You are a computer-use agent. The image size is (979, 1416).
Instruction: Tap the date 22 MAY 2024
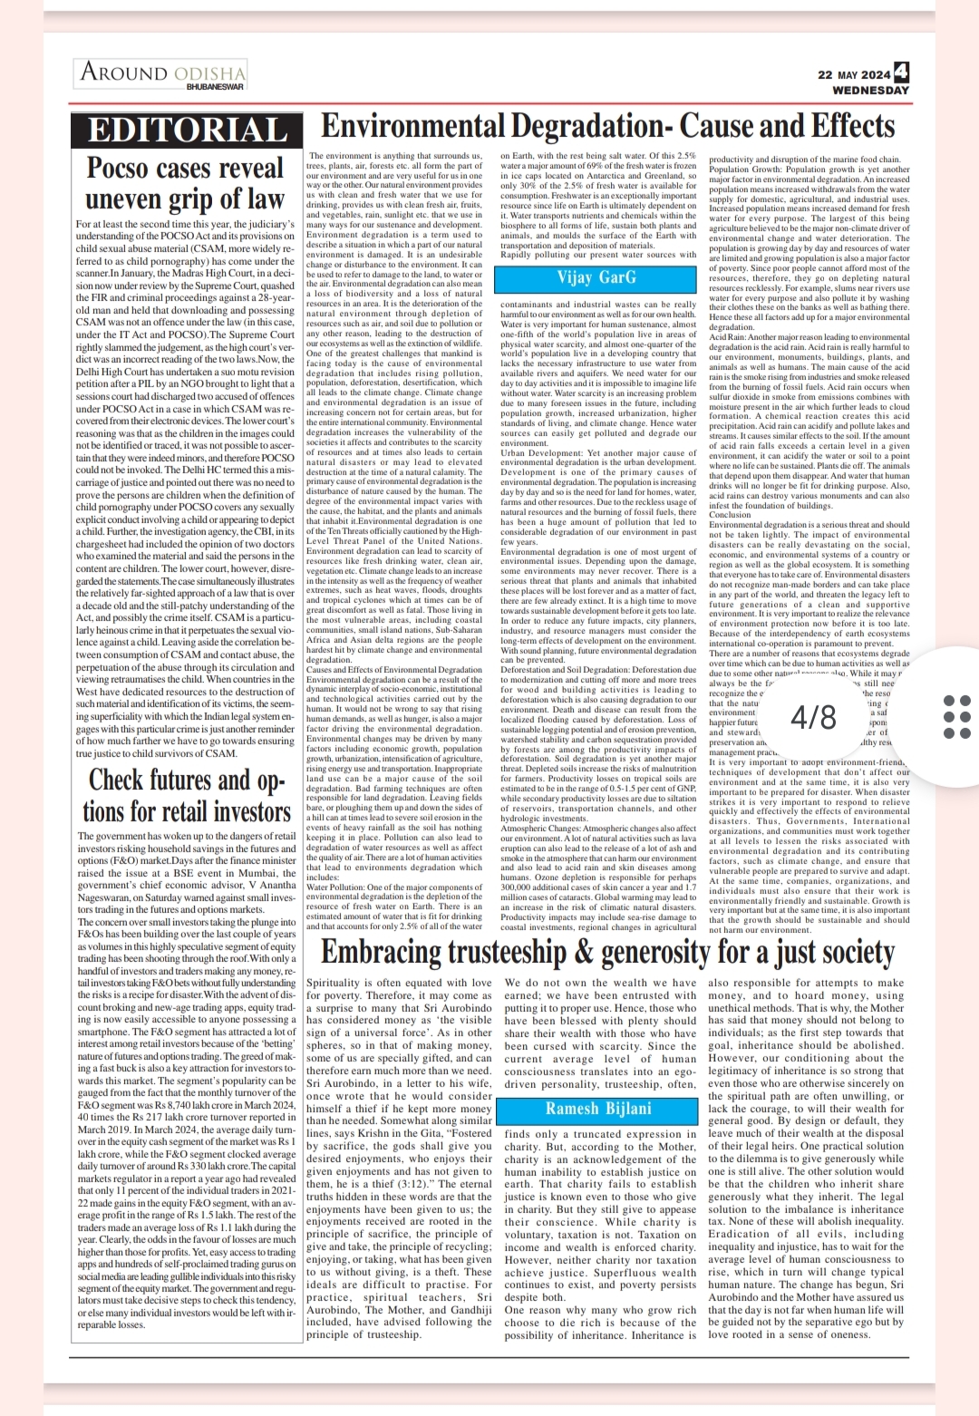[853, 75]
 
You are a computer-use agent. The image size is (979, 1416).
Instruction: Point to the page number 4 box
[900, 73]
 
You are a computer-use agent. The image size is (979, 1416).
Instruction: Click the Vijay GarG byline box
[596, 277]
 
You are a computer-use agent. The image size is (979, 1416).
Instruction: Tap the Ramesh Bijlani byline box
[597, 1109]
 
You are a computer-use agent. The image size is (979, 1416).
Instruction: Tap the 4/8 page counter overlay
[813, 718]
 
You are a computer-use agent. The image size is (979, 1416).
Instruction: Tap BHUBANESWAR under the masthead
[215, 87]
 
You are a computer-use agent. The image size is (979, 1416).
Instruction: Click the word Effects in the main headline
[844, 125]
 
